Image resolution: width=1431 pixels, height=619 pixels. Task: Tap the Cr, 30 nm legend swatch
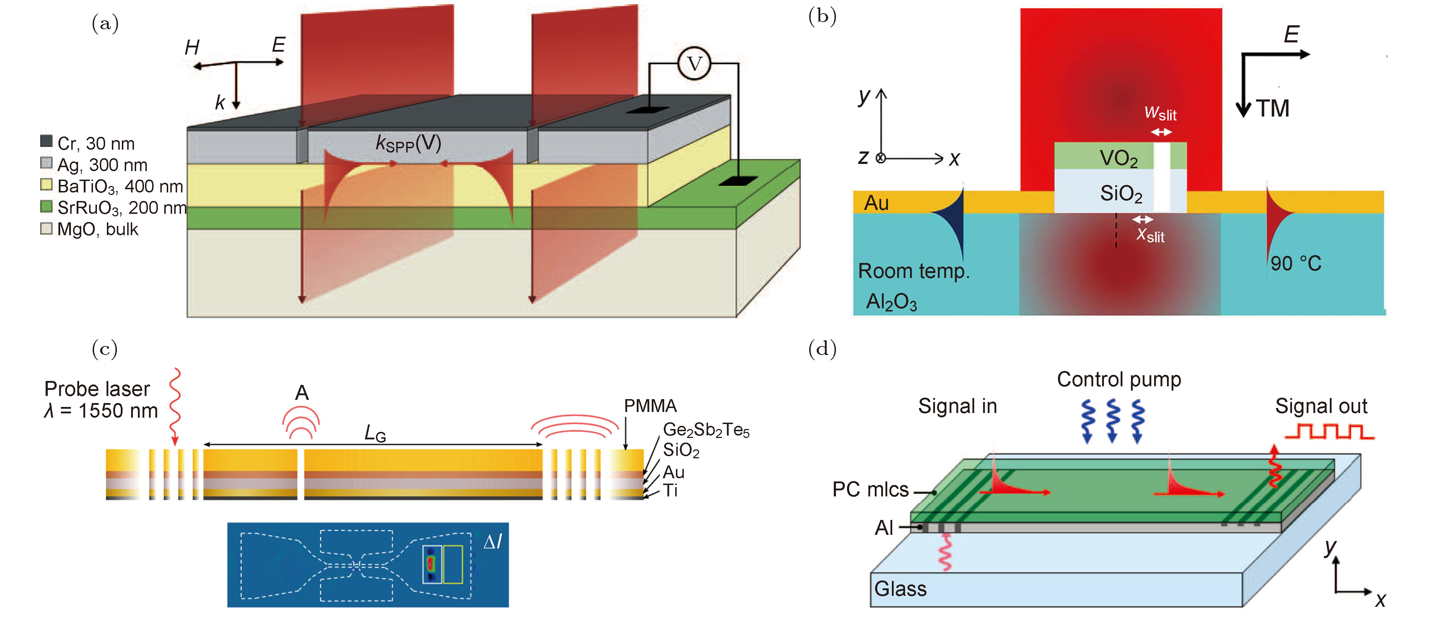click(47, 141)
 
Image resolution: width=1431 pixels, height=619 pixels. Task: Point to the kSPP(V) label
click(408, 143)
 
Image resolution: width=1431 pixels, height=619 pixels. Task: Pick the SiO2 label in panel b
click(1121, 194)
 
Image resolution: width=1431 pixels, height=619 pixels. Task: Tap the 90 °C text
click(1296, 263)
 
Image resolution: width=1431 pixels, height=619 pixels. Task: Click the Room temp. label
click(914, 271)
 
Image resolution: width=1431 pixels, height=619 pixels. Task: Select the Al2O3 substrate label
click(891, 302)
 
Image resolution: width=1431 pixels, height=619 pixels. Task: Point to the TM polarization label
click(1272, 108)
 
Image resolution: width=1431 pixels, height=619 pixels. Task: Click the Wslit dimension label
click(1161, 114)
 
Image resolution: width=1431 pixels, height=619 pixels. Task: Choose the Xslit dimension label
click(1150, 235)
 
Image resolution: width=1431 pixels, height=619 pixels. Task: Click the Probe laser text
click(97, 389)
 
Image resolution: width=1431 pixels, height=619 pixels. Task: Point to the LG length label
click(375, 433)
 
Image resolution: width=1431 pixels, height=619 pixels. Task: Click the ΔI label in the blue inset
click(492, 542)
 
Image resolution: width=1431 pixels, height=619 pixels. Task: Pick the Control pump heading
click(1118, 380)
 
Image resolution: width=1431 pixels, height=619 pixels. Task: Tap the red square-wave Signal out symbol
click(1329, 432)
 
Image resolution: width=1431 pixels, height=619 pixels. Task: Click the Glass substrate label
click(900, 588)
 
